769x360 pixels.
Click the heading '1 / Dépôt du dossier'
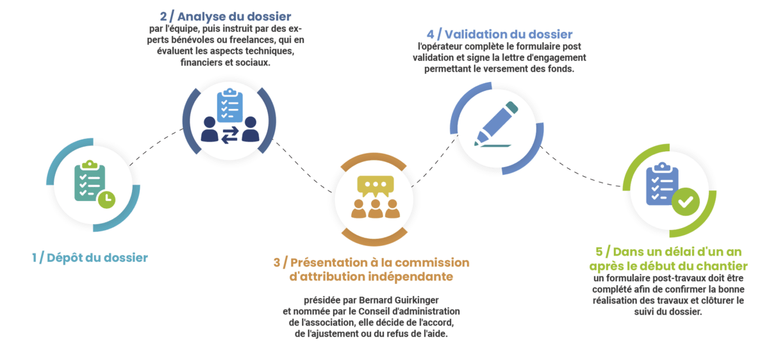[90, 258]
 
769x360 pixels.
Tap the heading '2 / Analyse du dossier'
[226, 16]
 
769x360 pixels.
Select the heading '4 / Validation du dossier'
[499, 34]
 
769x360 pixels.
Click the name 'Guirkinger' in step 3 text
[417, 300]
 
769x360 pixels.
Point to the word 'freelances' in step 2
[252, 40]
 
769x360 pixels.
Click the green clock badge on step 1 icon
[107, 199]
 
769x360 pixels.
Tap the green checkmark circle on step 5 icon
[686, 202]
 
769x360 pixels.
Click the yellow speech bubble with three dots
[376, 186]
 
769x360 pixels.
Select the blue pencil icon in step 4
[496, 124]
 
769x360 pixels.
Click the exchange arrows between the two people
[229, 135]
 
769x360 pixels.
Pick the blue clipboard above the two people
[229, 105]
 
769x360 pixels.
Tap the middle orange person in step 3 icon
[376, 209]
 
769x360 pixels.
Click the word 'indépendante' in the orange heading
[411, 276]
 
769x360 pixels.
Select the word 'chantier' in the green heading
[721, 266]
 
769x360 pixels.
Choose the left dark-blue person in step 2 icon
[210, 129]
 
